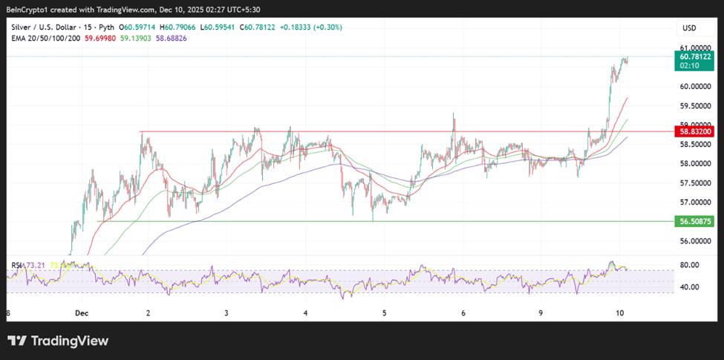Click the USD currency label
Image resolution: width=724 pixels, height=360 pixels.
(x=688, y=28)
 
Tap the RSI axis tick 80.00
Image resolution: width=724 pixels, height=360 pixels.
(x=691, y=265)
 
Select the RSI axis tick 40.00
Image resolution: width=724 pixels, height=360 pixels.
(x=691, y=287)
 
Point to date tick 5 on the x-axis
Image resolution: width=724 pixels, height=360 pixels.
(x=385, y=314)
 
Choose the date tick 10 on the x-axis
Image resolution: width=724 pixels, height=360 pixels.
(x=619, y=314)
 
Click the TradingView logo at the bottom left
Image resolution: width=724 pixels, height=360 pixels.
(x=58, y=341)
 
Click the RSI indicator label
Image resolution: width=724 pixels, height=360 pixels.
(x=16, y=265)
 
